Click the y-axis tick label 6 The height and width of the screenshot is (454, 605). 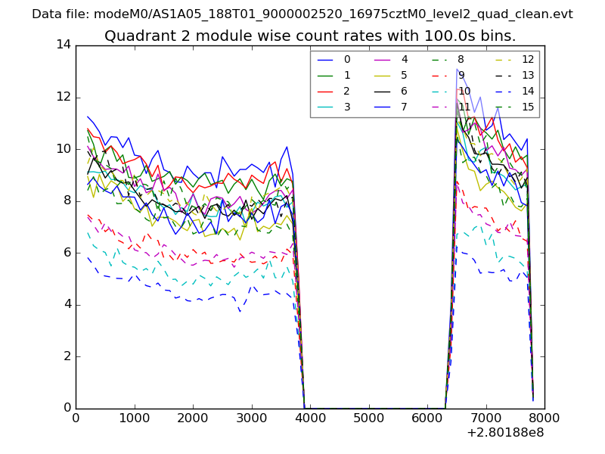67,252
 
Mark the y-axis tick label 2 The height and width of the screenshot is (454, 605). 67,356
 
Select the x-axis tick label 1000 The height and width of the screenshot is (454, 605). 134,418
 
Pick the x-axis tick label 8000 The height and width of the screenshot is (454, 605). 544,418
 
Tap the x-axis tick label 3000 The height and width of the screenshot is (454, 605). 251,418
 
